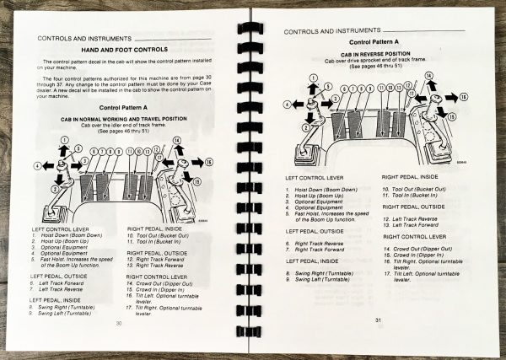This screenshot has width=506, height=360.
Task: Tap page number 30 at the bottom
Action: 119,323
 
